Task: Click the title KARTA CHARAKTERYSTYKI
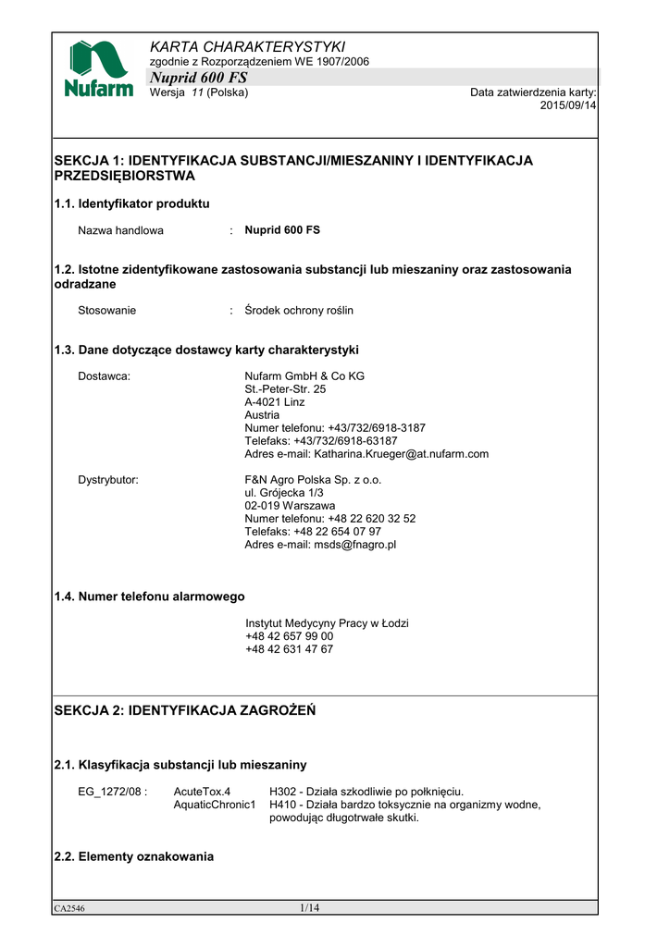(247, 46)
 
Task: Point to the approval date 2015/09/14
(568, 105)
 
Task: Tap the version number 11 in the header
(197, 92)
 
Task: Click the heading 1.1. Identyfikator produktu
(132, 203)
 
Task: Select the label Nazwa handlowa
(120, 230)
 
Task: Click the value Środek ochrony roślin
(299, 311)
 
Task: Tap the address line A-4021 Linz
(275, 402)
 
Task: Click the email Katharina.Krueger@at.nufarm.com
(401, 454)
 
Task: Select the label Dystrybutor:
(108, 480)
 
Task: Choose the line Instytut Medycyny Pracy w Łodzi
(327, 623)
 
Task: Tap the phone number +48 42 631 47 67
(290, 649)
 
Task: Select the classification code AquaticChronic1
(215, 805)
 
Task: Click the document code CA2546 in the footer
(69, 909)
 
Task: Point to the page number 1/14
(309, 908)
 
